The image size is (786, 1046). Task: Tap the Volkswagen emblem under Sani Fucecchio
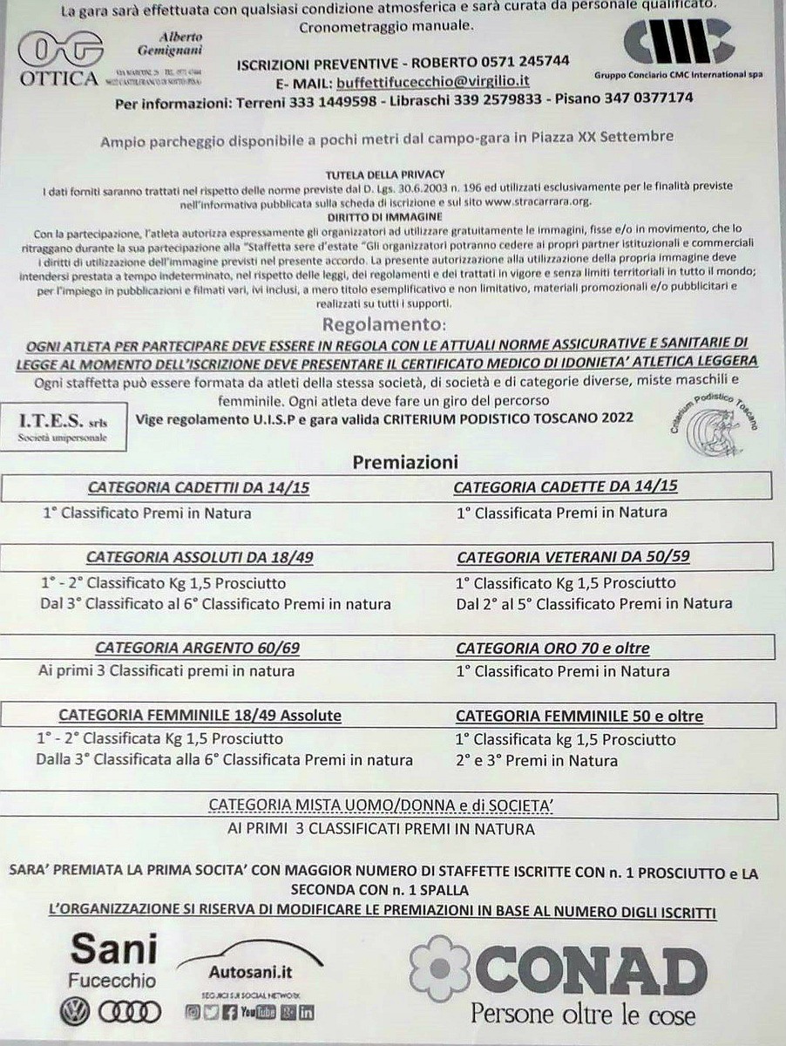click(x=75, y=1011)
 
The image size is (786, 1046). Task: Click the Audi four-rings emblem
click(x=129, y=1011)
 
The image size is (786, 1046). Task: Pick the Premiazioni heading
click(x=405, y=463)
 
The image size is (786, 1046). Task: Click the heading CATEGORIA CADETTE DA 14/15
click(x=566, y=486)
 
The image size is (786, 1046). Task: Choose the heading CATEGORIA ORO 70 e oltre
click(x=552, y=649)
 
